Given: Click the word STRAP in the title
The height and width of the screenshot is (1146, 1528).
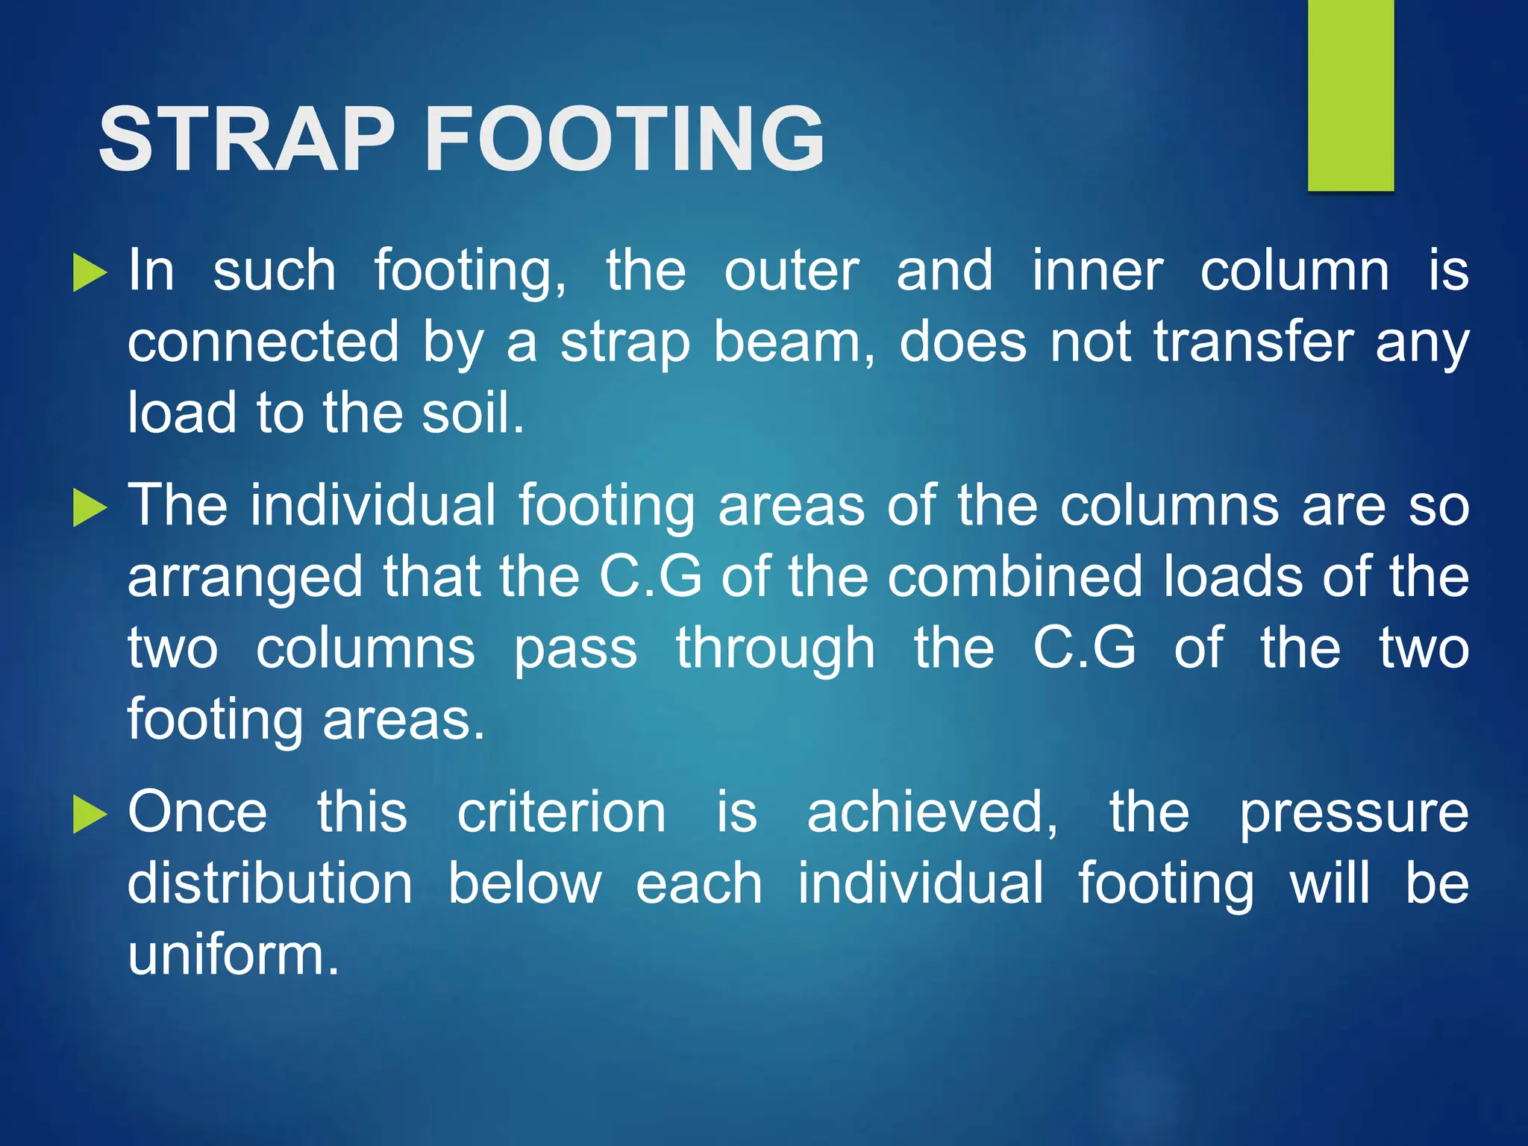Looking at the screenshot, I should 246,140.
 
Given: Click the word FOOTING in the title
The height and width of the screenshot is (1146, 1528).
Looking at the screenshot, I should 624,140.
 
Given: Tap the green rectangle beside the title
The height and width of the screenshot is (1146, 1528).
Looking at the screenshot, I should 1350,95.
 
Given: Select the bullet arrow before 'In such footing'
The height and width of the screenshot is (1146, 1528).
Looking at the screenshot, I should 90,272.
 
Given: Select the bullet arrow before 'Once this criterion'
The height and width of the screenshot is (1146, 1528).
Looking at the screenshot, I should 90,814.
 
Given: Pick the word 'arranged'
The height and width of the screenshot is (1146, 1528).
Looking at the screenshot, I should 245,578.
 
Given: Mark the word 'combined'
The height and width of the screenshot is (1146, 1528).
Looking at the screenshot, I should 1015,577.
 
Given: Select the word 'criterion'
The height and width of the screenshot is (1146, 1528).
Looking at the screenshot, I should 561,812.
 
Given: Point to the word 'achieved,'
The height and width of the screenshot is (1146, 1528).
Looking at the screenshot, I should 932,812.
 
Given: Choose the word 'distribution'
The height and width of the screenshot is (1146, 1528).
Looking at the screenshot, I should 269,884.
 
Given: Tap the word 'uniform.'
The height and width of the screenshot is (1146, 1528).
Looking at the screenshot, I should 234,955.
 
